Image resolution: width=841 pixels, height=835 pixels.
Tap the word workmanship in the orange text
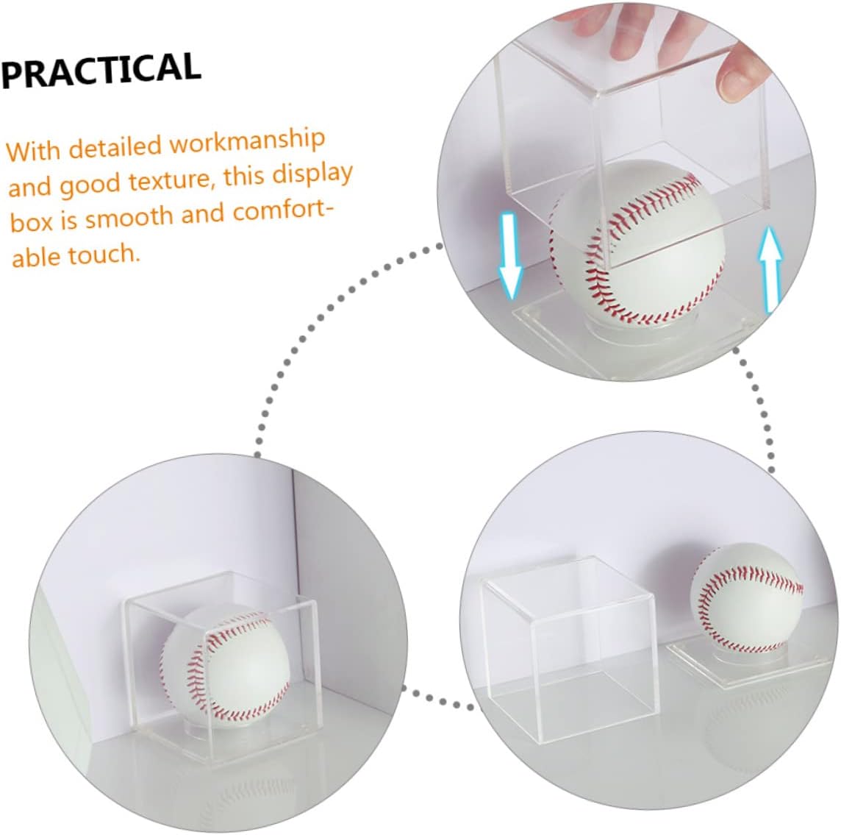pos(247,141)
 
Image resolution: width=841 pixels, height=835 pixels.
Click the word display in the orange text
pos(313,174)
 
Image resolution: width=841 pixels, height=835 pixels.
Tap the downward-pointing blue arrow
pos(509,255)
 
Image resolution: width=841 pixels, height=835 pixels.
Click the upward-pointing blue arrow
pos(770,269)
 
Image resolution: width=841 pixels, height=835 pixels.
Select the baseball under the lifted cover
pos(637,244)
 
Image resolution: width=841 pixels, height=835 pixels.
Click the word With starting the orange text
pos(33,151)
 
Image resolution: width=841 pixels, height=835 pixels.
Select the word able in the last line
pos(35,257)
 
